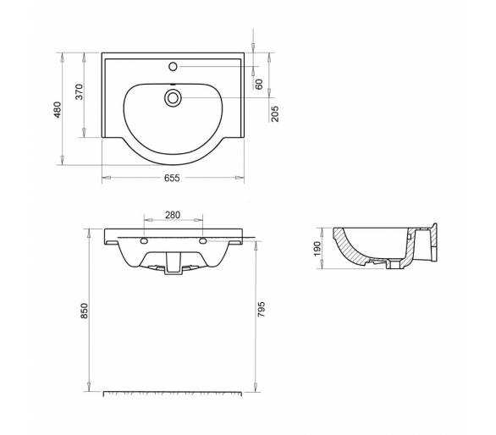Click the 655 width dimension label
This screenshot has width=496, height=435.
click(x=172, y=178)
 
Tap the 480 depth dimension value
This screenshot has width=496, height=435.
click(x=58, y=110)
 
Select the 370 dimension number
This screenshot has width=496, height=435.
click(x=80, y=91)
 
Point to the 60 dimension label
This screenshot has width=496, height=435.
click(x=259, y=84)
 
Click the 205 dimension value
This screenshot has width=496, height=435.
click(x=275, y=113)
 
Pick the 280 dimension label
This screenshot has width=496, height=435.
click(x=173, y=215)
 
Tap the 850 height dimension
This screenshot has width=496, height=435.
click(x=85, y=311)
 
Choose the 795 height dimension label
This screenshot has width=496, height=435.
click(x=262, y=310)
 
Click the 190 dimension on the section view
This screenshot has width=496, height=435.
click(x=317, y=249)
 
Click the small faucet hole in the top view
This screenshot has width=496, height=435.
click(x=173, y=67)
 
